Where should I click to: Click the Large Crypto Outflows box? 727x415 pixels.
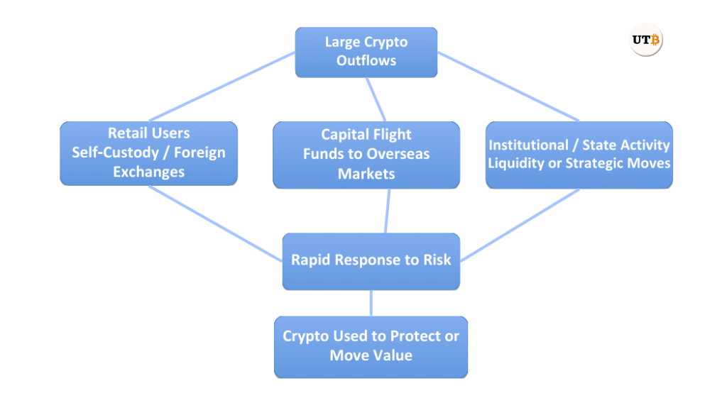click(366, 52)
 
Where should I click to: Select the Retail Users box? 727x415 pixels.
click(148, 153)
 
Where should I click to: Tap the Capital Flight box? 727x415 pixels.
click(366, 155)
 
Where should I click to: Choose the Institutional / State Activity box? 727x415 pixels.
click(579, 155)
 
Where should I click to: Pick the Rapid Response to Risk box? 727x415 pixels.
click(371, 261)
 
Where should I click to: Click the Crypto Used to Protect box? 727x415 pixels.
click(371, 346)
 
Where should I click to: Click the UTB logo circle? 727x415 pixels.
click(645, 40)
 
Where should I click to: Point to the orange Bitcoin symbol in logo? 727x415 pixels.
click(655, 40)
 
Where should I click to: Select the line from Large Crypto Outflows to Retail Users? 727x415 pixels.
click(222, 87)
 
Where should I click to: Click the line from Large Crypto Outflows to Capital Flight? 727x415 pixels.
click(376, 99)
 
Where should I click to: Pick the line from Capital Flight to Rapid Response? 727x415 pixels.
click(388, 211)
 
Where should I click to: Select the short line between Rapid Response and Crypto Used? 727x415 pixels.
click(371, 303)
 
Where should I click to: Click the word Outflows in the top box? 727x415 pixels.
click(366, 60)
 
